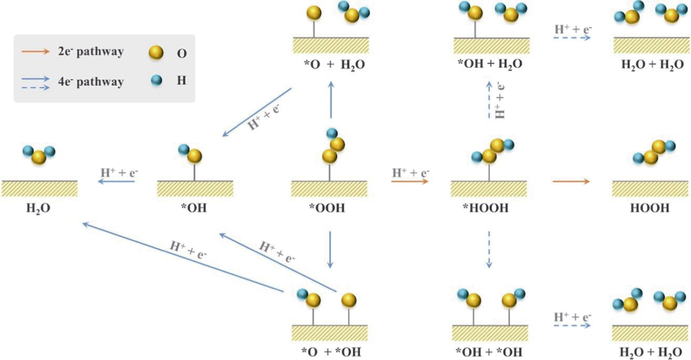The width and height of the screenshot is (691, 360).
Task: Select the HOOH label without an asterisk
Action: (x=650, y=208)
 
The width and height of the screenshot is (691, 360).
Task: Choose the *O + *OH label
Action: (x=330, y=351)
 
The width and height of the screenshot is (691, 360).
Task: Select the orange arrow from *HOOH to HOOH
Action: (x=571, y=182)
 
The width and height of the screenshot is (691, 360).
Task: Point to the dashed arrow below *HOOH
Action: (x=489, y=250)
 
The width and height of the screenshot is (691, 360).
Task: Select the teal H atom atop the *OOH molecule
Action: (x=331, y=133)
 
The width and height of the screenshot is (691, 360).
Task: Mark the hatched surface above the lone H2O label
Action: (x=39, y=188)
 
